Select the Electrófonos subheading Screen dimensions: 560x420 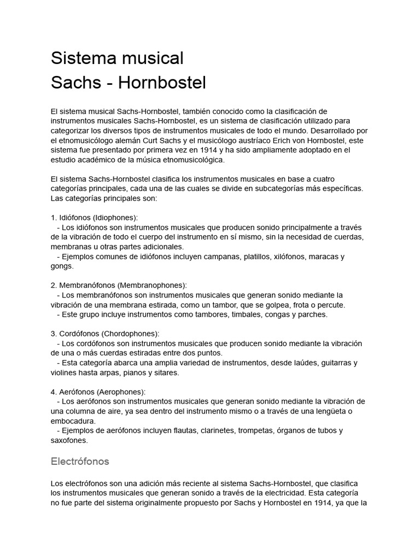80,461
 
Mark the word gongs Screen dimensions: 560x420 62,266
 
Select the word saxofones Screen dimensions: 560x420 69,440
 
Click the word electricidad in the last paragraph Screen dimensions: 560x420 271,493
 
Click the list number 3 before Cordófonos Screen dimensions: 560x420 53,334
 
